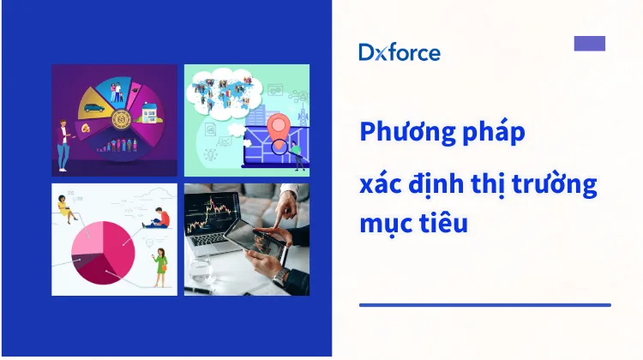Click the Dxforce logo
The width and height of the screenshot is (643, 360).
tap(399, 52)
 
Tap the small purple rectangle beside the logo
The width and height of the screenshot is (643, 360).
tap(589, 44)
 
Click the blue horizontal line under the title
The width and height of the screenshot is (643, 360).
tap(484, 304)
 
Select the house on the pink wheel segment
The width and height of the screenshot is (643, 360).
tap(148, 113)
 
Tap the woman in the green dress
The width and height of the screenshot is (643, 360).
tap(159, 267)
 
